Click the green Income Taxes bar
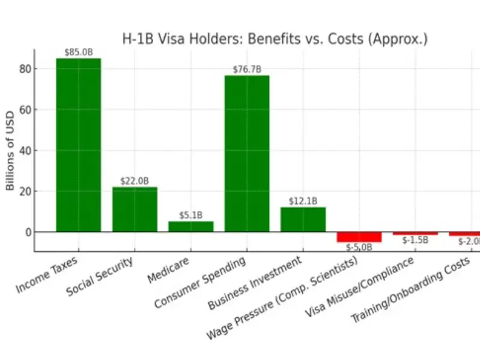tap(79, 145)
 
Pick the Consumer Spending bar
tap(247, 153)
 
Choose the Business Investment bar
tap(303, 219)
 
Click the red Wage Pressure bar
tap(359, 237)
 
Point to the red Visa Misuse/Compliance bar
tap(415, 233)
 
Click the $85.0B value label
tap(79, 52)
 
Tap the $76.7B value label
tap(247, 69)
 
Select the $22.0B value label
tap(135, 181)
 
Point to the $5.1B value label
tap(190, 215)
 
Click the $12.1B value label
tap(303, 201)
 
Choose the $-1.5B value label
tap(415, 240)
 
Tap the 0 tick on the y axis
tap(26, 232)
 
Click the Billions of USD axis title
tap(10, 150)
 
